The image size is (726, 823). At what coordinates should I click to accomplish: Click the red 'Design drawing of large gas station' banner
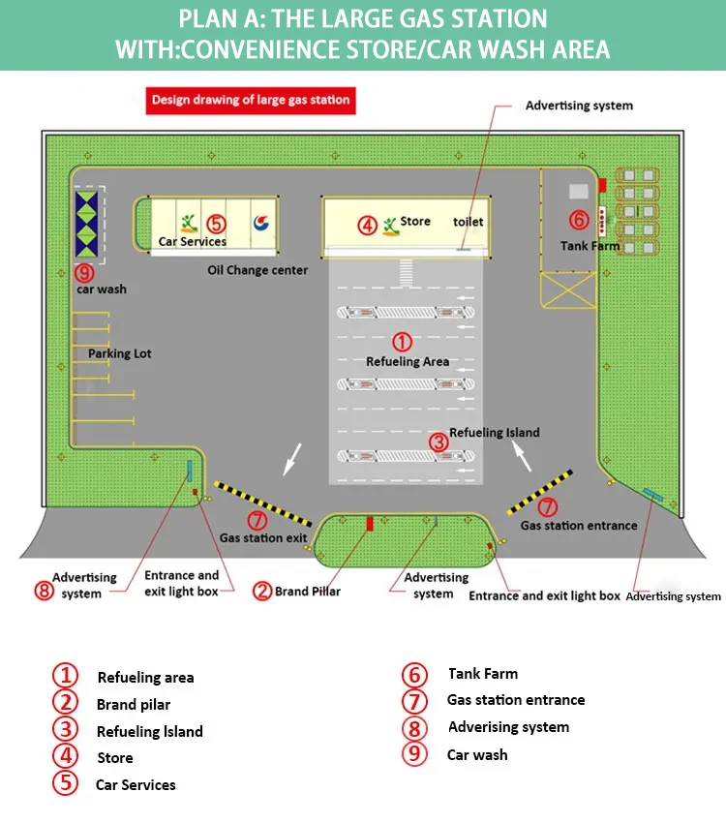click(249, 100)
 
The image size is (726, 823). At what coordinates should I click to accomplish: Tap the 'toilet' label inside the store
click(469, 222)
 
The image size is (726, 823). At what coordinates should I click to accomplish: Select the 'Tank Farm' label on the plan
click(590, 246)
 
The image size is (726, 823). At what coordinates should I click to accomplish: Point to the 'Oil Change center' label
click(257, 270)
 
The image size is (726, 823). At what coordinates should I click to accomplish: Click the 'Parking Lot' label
click(120, 353)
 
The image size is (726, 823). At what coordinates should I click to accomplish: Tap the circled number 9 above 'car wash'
click(85, 273)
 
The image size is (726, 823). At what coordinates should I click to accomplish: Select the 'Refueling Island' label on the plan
click(495, 433)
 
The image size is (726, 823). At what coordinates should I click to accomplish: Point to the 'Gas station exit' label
click(263, 537)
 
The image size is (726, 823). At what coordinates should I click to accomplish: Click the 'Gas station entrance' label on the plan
click(579, 526)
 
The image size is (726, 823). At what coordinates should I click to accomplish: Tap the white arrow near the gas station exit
click(290, 460)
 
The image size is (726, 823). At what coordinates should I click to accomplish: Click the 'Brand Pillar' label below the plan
click(308, 591)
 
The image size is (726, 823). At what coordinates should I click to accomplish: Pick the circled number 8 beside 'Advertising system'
click(44, 591)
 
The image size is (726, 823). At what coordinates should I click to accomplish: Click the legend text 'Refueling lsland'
click(149, 732)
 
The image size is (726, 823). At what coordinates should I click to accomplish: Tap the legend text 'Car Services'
click(136, 785)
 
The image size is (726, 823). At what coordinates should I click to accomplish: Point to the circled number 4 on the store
click(367, 225)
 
